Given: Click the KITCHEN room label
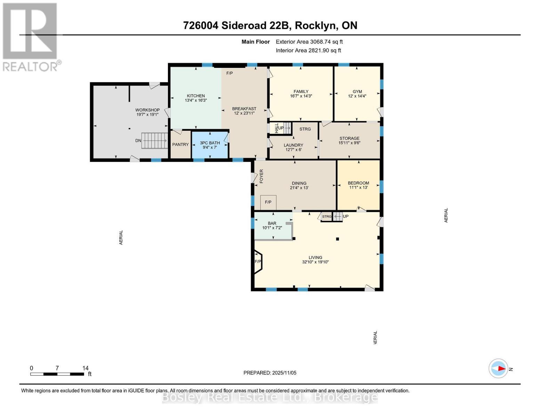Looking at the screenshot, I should point(196,96).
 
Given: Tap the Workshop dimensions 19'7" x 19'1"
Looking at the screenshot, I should point(147,114).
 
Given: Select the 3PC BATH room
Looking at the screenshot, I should point(210,145).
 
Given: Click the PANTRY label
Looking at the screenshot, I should point(180,145).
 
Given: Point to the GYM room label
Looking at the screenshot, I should point(357,92).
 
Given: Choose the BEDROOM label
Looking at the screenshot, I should point(358,183).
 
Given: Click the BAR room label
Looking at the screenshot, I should point(272,223).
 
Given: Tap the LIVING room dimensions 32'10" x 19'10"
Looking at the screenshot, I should point(315,262).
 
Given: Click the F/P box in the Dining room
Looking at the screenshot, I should point(268,202).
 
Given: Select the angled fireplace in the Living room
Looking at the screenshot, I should point(258,262).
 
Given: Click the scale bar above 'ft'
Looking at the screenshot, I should point(57,374).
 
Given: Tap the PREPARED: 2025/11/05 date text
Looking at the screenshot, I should point(270,373).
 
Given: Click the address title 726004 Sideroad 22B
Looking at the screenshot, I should point(270,25).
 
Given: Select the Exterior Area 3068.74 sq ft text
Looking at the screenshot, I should point(309,42).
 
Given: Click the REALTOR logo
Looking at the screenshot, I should point(31,37).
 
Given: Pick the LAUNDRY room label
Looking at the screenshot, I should point(293,145).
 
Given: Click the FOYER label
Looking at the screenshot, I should point(261,176).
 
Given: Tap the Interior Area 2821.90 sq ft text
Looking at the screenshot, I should point(308,51).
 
